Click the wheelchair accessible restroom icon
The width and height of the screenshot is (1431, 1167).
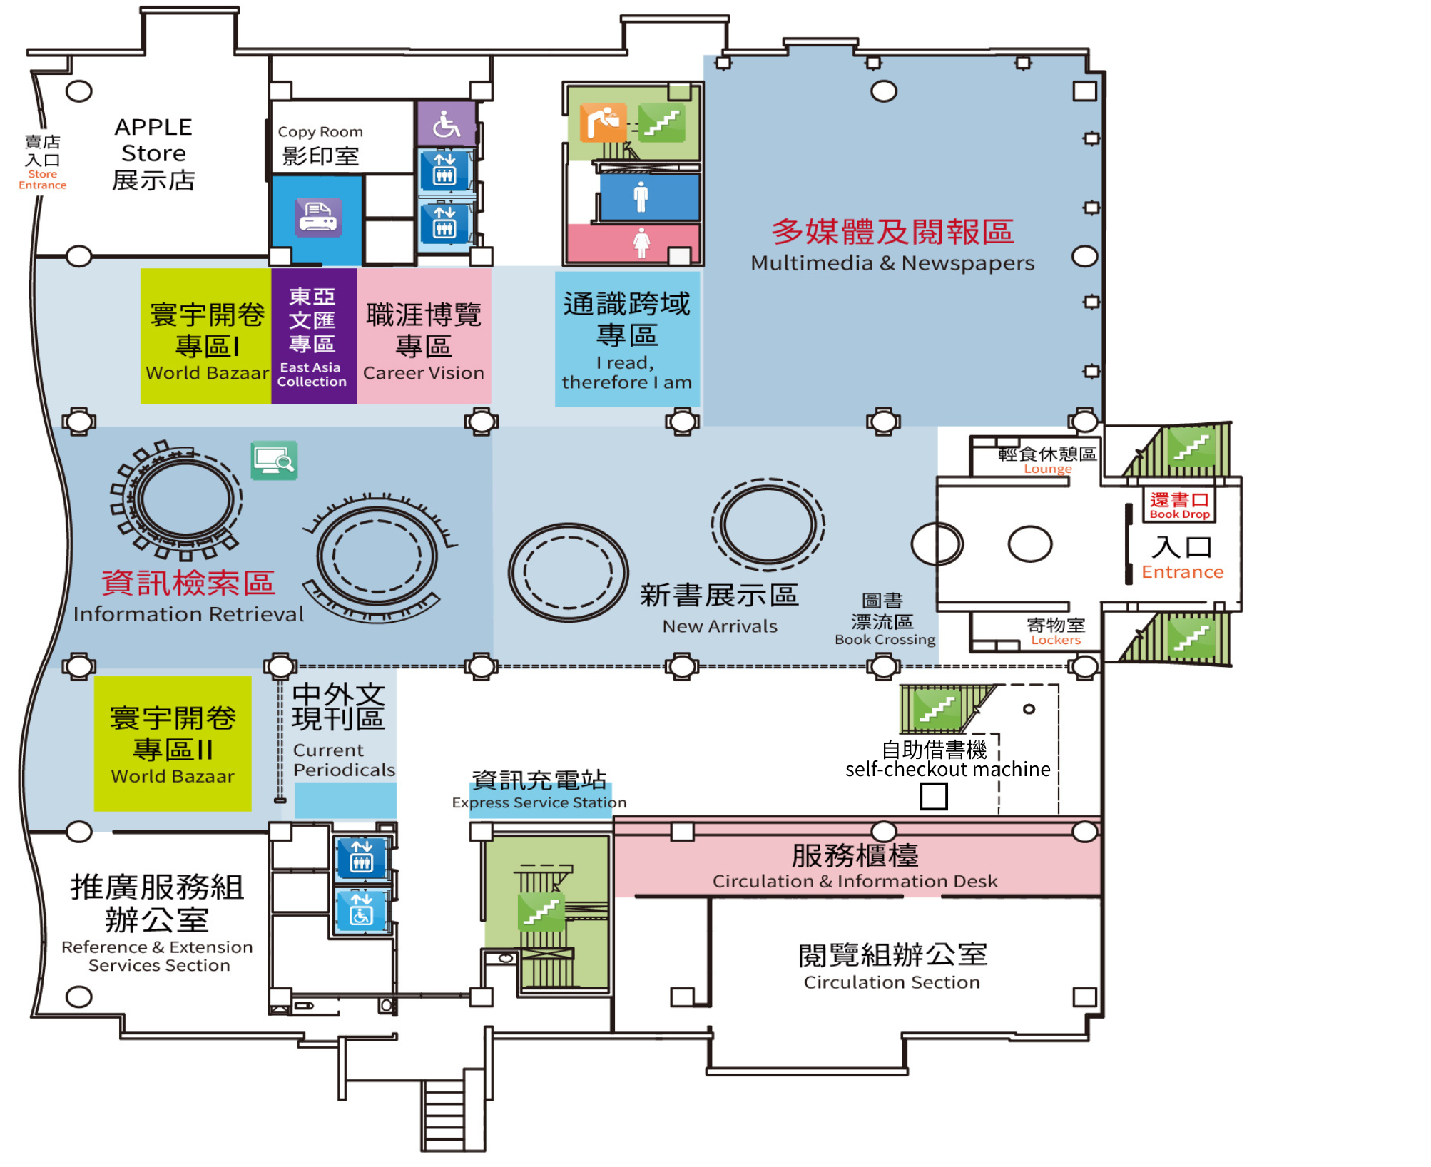pyautogui.click(x=447, y=124)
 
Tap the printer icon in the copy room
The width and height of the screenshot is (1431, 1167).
pyautogui.click(x=318, y=218)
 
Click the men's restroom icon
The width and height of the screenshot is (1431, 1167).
pyautogui.click(x=641, y=197)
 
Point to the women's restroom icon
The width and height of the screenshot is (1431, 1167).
pyautogui.click(x=641, y=243)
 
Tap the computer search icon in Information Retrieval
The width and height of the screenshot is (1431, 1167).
pyautogui.click(x=275, y=460)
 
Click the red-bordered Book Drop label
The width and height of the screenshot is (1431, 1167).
pyautogui.click(x=1179, y=505)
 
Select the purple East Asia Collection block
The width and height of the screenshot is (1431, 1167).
pyautogui.click(x=313, y=336)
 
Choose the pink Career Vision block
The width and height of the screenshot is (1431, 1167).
pyautogui.click(x=424, y=336)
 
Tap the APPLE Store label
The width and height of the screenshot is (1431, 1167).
pyautogui.click(x=153, y=153)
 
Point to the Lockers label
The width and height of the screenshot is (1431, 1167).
pyautogui.click(x=1056, y=632)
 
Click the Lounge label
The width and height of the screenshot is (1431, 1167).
pyautogui.click(x=1047, y=461)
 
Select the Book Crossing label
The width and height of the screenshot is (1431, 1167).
pyautogui.click(x=885, y=620)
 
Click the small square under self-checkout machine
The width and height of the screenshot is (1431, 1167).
pyautogui.click(x=933, y=796)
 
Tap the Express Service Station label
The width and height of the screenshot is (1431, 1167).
pyautogui.click(x=539, y=790)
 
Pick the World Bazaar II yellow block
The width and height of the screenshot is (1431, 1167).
pyautogui.click(x=173, y=743)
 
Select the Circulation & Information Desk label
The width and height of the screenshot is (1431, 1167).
pyautogui.click(x=855, y=866)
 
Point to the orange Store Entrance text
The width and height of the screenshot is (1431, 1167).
pyautogui.click(x=43, y=180)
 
